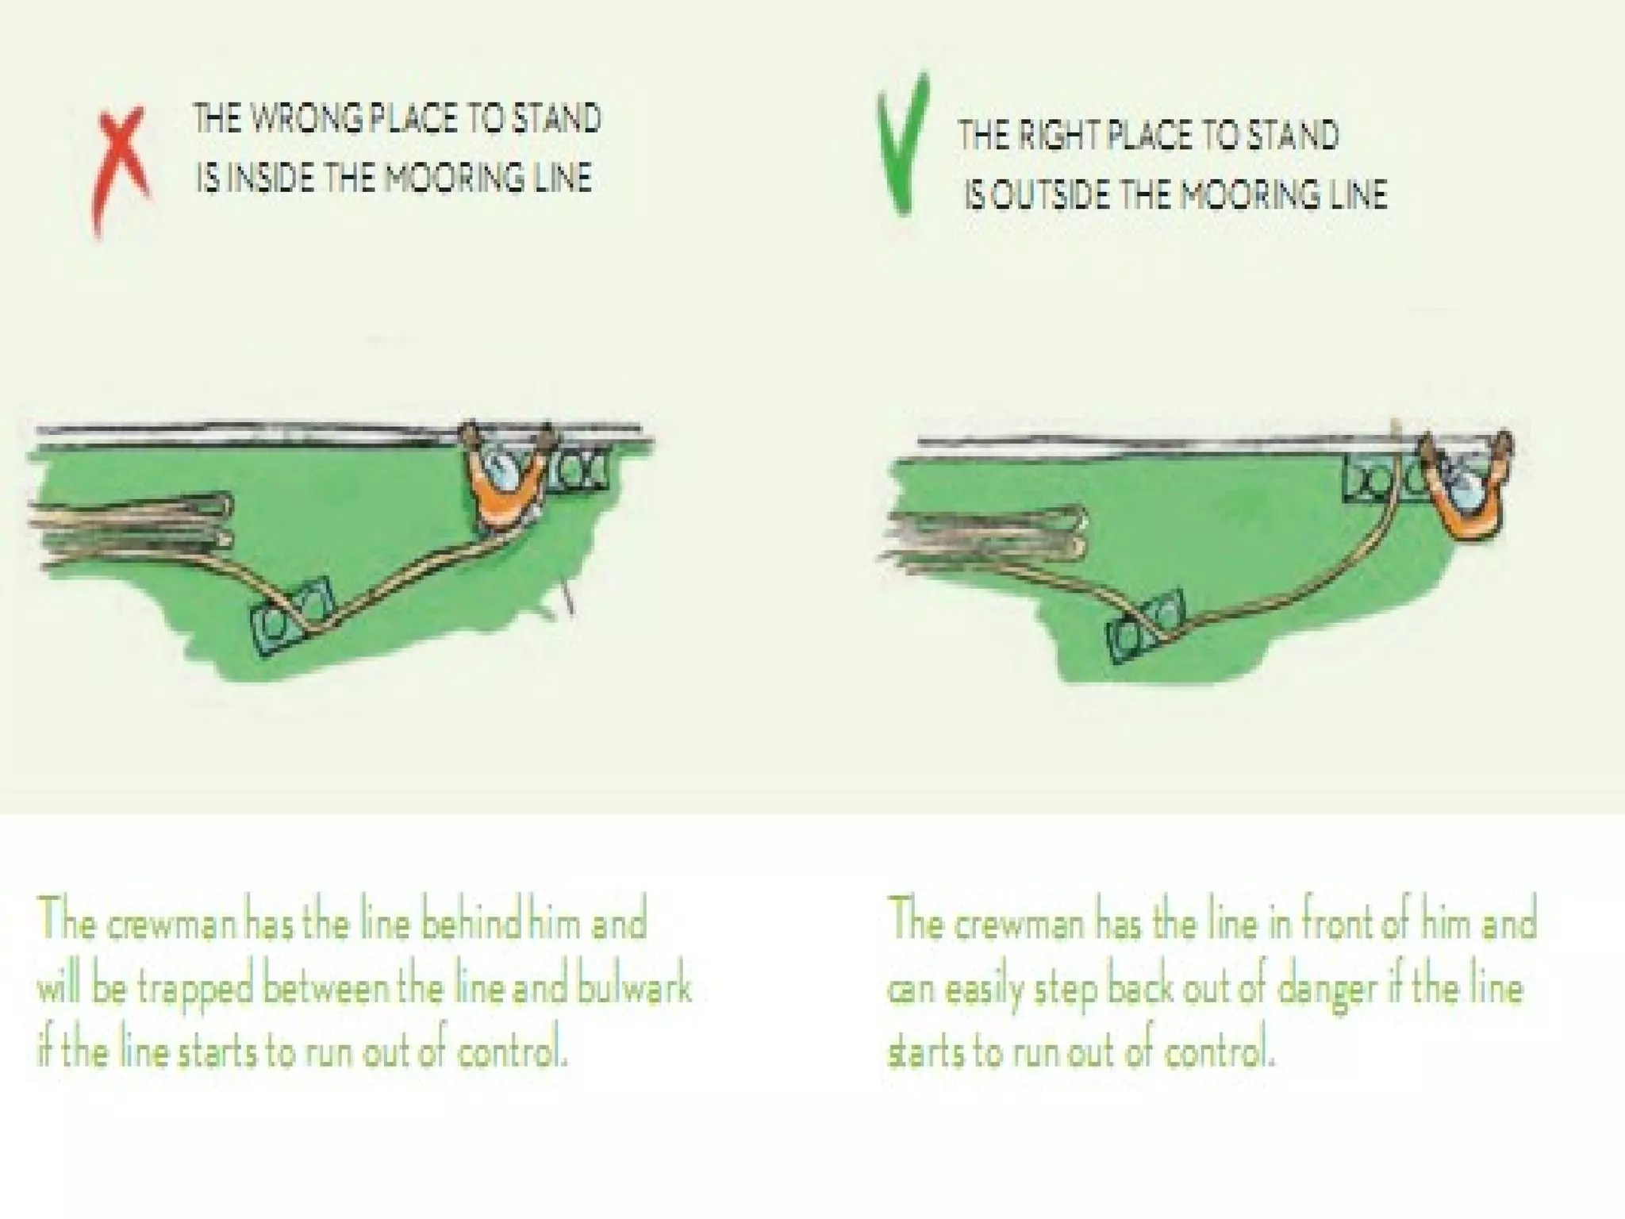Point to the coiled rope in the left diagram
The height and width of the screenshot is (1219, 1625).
(131, 528)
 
